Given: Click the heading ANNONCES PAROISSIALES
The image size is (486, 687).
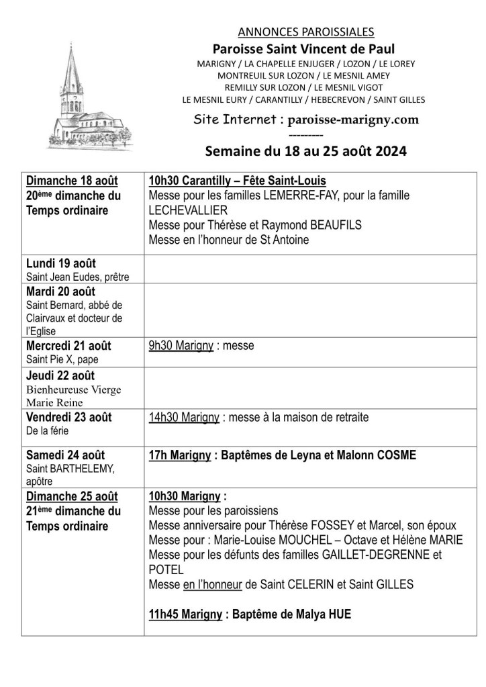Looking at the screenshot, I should (306, 32).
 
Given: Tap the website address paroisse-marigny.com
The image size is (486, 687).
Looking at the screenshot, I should (348, 120).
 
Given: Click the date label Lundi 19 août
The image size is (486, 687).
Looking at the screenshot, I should (60, 263).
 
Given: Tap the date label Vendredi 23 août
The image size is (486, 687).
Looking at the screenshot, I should (69, 417).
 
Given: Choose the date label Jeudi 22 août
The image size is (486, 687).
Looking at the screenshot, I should (60, 375).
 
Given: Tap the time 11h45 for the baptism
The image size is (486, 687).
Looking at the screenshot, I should (164, 614).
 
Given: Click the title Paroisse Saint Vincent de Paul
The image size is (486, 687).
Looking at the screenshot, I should (303, 48).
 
